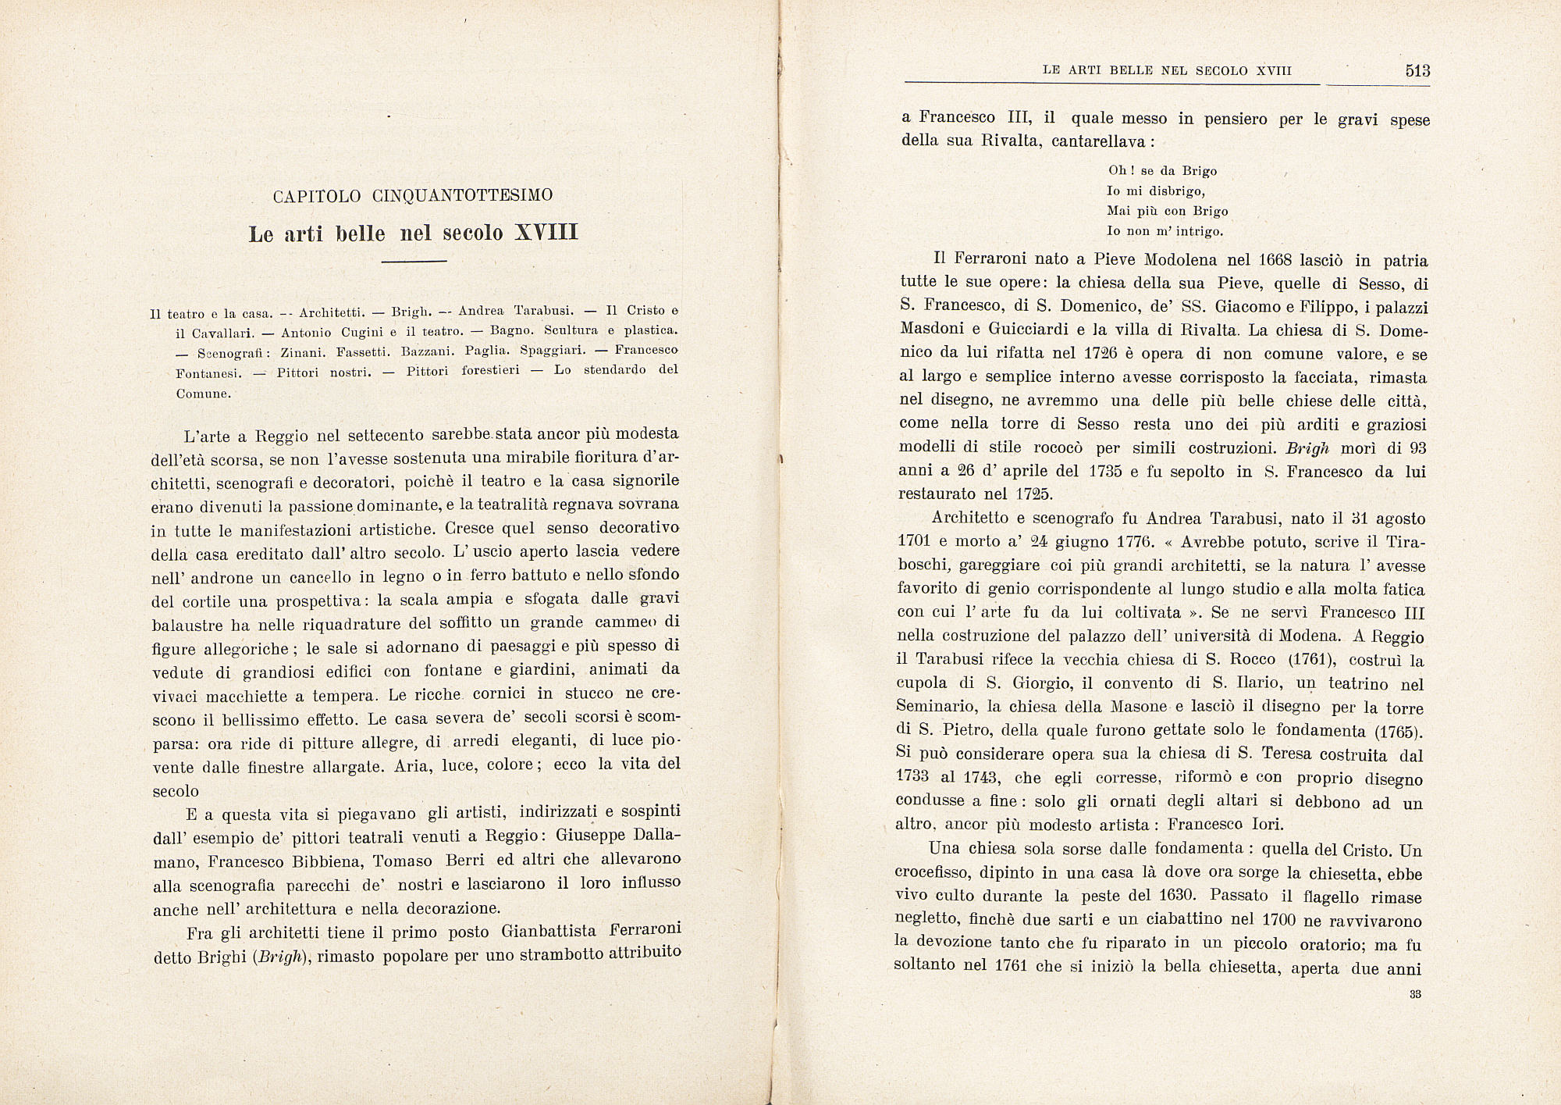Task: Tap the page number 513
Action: click(1417, 70)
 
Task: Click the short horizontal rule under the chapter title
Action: click(414, 261)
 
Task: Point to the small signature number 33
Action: click(1414, 994)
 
